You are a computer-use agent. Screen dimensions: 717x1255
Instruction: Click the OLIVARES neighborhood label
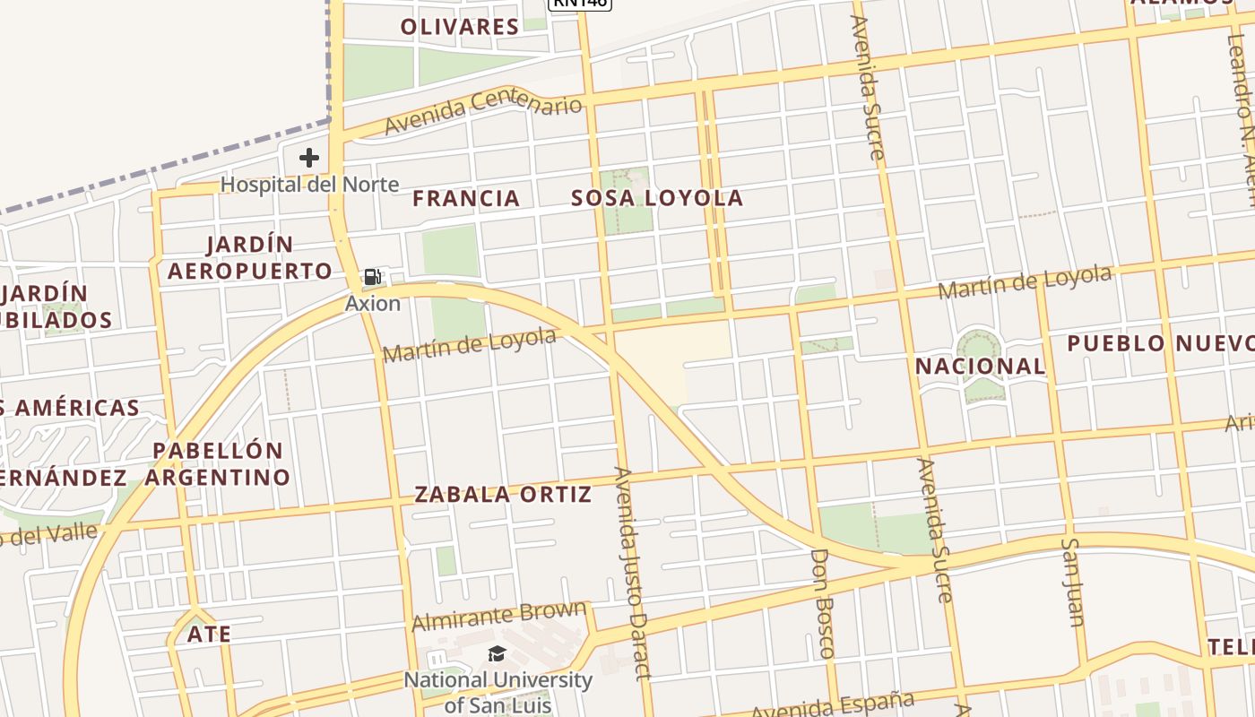(459, 27)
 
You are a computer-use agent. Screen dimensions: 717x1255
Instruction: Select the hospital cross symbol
(309, 159)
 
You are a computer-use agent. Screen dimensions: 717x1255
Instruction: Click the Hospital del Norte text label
(309, 185)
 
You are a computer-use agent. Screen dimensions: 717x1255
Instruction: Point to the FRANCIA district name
(466, 199)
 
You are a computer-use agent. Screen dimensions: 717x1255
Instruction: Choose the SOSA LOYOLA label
(657, 199)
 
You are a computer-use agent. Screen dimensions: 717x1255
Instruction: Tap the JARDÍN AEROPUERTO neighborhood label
(250, 258)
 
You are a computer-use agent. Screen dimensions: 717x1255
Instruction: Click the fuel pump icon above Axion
(373, 277)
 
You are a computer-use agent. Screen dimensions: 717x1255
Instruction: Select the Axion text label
(373, 304)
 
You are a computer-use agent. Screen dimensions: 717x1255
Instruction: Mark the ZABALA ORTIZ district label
(503, 495)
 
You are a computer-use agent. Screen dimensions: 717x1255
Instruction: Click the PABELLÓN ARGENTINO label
(218, 464)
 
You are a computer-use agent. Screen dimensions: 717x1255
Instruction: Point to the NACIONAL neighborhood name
(980, 367)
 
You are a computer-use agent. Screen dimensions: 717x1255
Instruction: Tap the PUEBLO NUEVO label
(1160, 343)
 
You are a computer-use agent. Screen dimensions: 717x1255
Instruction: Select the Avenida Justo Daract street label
(631, 574)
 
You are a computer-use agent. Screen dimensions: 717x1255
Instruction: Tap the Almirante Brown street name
(498, 616)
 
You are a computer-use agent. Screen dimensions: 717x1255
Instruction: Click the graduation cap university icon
(498, 653)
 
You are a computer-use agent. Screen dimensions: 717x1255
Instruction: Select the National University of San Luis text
(498, 693)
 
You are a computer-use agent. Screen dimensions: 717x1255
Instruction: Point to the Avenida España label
(832, 705)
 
